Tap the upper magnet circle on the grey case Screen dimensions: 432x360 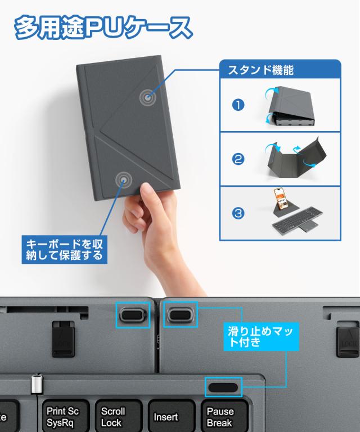pyautogui.click(x=147, y=98)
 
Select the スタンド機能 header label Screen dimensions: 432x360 pyautogui.click(x=260, y=71)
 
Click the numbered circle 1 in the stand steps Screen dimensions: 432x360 pyautogui.click(x=238, y=105)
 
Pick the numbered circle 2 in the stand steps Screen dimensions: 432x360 pyautogui.click(x=238, y=160)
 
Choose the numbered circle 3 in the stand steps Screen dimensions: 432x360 pyautogui.click(x=238, y=214)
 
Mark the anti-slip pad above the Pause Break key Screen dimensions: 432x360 pyautogui.click(x=223, y=386)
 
